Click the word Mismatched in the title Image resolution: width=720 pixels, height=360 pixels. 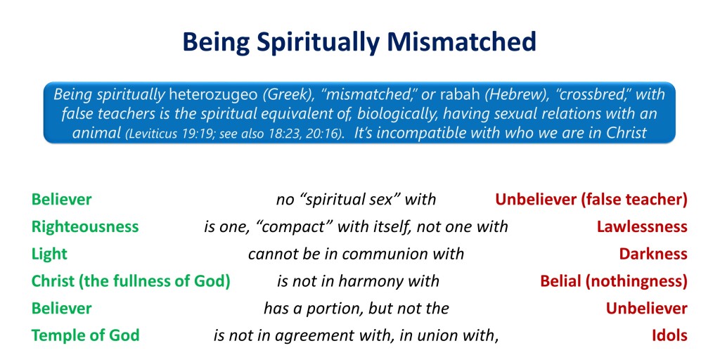pyautogui.click(x=461, y=41)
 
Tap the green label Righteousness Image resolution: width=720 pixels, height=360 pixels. pyautogui.click(x=85, y=227)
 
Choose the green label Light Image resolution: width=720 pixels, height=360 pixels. pyautogui.click(x=49, y=254)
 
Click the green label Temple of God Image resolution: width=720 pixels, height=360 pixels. pyautogui.click(x=85, y=335)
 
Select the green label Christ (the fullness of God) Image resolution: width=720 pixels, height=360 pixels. pyautogui.click(x=130, y=281)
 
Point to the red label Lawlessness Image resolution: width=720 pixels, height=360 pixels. pyautogui.click(x=642, y=227)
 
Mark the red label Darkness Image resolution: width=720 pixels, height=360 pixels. pyautogui.click(x=653, y=254)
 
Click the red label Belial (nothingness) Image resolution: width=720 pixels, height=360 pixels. pyautogui.click(x=614, y=281)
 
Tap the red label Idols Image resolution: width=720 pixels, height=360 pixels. pyautogui.click(x=669, y=335)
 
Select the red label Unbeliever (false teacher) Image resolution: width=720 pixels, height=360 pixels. pyautogui.click(x=591, y=200)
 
